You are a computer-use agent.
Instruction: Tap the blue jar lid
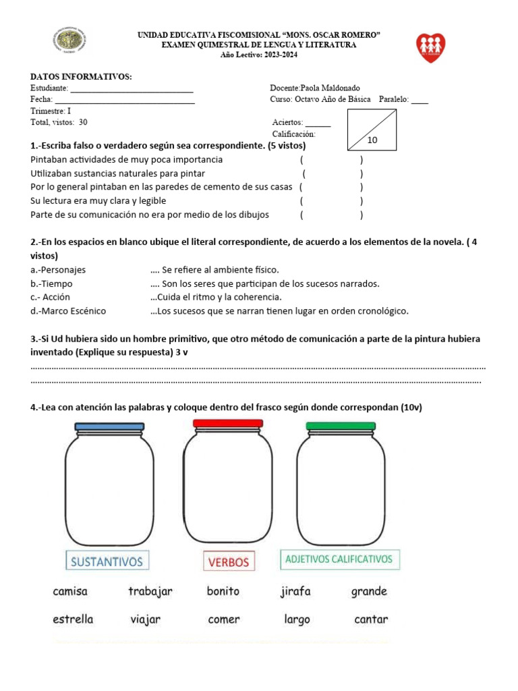click(109, 426)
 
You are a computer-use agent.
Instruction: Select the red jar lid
click(228, 423)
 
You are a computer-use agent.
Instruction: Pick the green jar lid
click(340, 426)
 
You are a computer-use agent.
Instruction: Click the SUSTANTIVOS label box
click(108, 561)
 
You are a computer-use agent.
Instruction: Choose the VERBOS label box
click(229, 561)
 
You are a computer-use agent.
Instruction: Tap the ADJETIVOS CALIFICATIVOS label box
click(339, 559)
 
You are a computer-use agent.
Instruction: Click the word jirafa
click(295, 592)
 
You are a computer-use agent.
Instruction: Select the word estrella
click(73, 619)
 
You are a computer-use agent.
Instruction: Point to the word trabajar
click(150, 592)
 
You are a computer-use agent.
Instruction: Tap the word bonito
click(223, 592)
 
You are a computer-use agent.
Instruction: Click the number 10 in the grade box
click(372, 140)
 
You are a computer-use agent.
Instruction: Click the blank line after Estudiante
click(132, 89)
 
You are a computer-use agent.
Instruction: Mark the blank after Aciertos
click(318, 124)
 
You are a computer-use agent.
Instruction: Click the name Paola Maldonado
click(330, 88)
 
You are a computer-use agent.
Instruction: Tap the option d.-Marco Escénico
click(68, 311)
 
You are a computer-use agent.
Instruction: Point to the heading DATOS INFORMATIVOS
click(81, 77)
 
